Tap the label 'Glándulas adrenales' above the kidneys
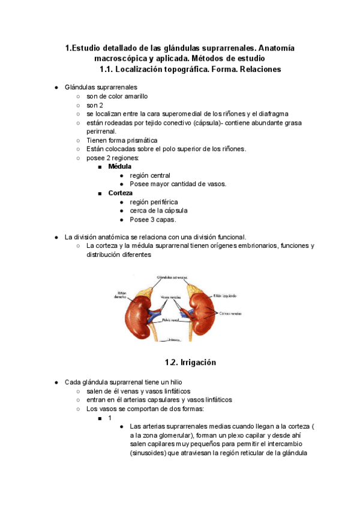pyautogui.click(x=172, y=278)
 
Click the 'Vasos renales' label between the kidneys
pyautogui.click(x=172, y=297)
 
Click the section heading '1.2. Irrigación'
pyautogui.click(x=190, y=363)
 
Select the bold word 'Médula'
pyautogui.click(x=119, y=166)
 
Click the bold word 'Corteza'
pyautogui.click(x=121, y=193)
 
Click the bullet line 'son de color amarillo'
pyautogui.click(x=117, y=96)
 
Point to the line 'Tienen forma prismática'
pyautogui.click(x=122, y=140)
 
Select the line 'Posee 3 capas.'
pyautogui.click(x=152, y=220)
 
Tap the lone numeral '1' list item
pyautogui.click(x=110, y=418)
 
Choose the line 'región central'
pyautogui.click(x=149, y=175)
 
